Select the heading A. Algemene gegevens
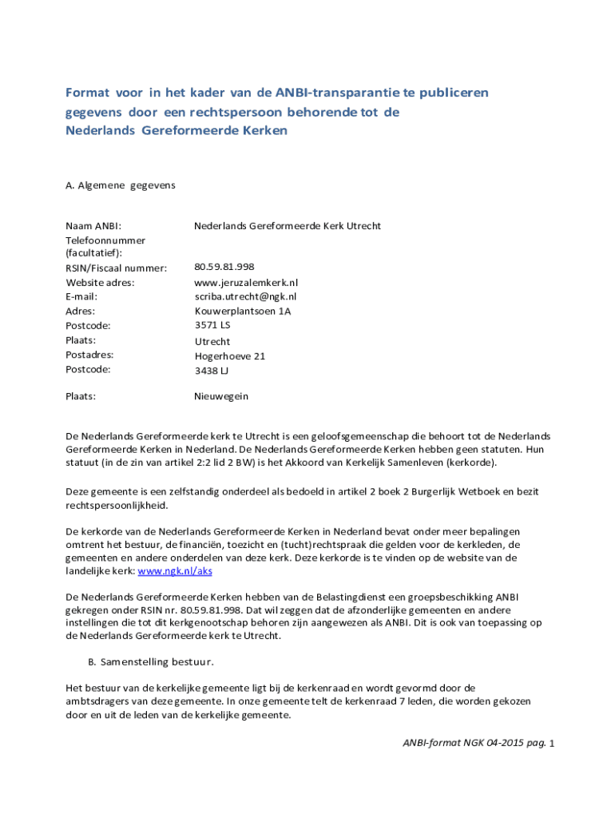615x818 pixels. coord(120,185)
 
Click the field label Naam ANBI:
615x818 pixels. coord(93,226)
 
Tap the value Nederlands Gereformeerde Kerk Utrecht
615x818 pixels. coord(288,226)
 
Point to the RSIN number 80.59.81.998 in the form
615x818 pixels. coord(224,267)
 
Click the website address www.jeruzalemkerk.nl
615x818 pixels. coord(246,282)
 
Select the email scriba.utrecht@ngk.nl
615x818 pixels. coord(245,296)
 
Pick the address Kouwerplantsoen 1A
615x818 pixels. coord(242,311)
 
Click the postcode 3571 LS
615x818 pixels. coord(212,325)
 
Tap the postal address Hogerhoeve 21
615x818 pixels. coord(230,355)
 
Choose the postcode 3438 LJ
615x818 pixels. coord(212,370)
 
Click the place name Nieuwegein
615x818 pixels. coord(221,395)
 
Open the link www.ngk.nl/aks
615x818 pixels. coord(175,571)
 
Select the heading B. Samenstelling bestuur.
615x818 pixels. coord(151,662)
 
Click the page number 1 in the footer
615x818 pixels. coord(551,745)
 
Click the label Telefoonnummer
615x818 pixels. coord(105,240)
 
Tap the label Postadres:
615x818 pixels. coord(89,355)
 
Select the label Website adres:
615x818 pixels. coord(100,282)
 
